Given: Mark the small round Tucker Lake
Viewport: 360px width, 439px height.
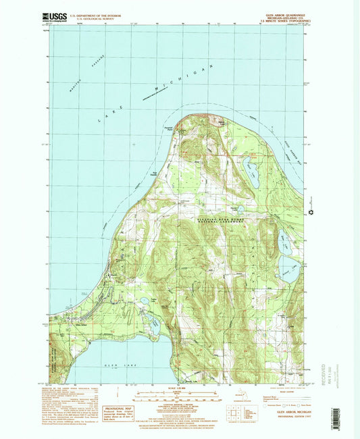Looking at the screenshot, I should click(145, 301).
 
